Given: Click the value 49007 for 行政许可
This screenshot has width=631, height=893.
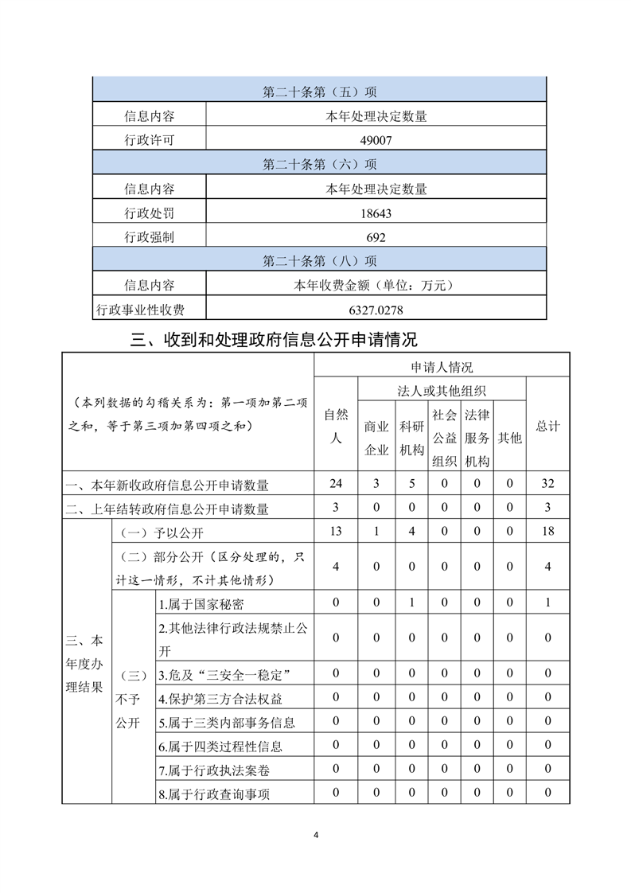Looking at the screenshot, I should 376,140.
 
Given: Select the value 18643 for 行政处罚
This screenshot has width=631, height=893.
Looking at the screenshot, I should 376,213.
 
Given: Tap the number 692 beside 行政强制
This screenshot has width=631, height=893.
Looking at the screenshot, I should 376,237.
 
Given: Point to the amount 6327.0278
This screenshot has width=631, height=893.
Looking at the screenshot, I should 376,310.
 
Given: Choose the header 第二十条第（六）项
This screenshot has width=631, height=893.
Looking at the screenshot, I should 320,165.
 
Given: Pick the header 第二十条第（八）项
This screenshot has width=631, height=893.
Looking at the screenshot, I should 320,261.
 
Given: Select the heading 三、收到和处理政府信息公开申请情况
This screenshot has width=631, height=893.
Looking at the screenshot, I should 274,341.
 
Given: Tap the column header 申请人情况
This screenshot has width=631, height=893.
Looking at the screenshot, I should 442,367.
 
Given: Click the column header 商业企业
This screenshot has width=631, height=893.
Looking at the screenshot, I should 376,437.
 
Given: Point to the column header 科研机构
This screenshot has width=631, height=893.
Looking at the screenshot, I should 412,437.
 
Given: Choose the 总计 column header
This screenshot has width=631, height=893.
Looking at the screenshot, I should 547,426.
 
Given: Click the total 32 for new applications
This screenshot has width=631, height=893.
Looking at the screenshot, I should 547,483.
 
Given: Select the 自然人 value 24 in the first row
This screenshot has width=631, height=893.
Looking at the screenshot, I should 336,483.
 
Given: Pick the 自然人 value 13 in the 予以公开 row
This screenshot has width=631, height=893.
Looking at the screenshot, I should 336,531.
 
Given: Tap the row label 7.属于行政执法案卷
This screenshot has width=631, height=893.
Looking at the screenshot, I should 208,770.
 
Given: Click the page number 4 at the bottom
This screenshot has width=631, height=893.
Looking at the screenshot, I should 316,835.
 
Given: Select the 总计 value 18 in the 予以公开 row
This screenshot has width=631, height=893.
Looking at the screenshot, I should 547,531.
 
